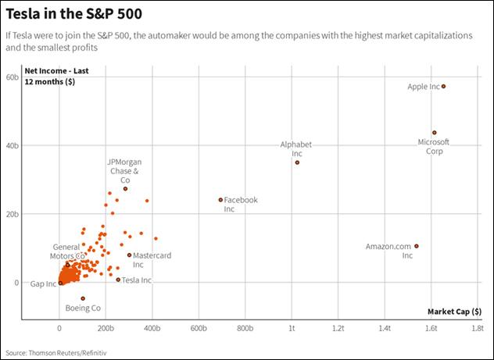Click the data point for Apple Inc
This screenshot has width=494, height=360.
(x=444, y=87)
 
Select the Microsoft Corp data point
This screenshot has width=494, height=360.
(x=435, y=133)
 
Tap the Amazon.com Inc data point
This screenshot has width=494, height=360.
(x=416, y=246)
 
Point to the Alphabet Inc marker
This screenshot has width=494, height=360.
(x=297, y=162)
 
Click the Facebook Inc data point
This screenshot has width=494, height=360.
(x=220, y=200)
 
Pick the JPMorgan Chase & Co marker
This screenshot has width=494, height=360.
(x=125, y=189)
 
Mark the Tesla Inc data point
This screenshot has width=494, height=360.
(x=118, y=280)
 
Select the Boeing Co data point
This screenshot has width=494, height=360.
(x=82, y=298)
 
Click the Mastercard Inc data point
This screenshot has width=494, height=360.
(x=129, y=255)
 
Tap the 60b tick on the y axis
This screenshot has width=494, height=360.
(x=12, y=77)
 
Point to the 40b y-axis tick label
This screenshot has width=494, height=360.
(x=12, y=145)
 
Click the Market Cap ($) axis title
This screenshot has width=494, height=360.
(x=455, y=311)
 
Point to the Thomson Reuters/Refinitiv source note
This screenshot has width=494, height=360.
(x=55, y=353)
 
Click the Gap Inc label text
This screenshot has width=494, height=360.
(x=43, y=283)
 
